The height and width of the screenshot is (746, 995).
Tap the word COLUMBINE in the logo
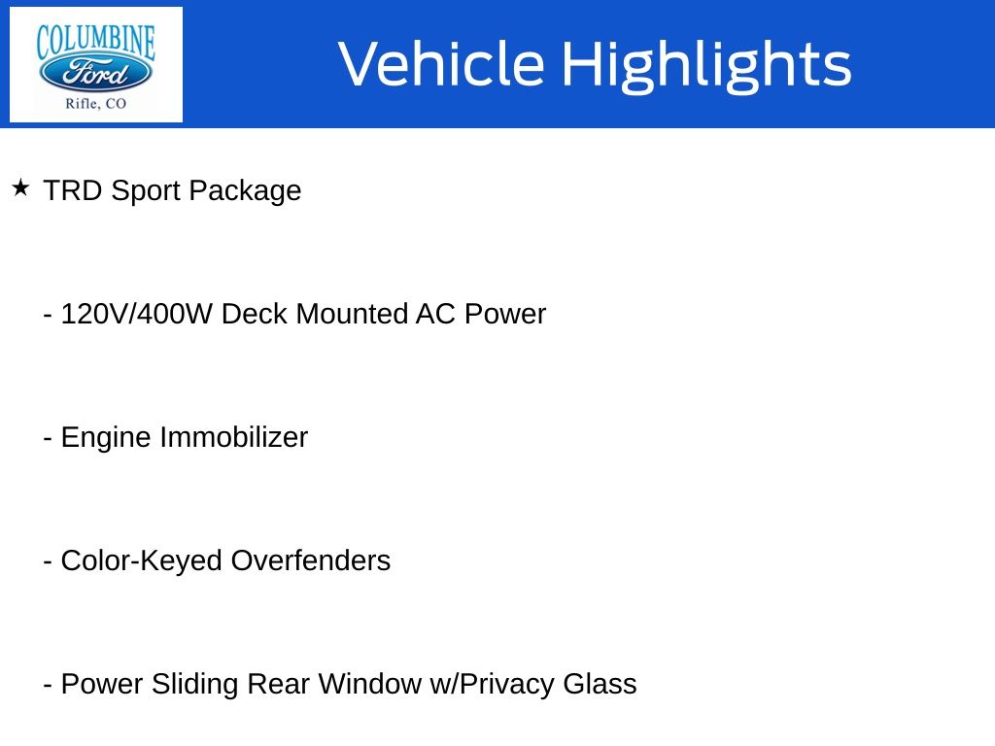click(96, 42)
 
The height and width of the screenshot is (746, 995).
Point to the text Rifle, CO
click(96, 103)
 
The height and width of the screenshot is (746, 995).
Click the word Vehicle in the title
click(442, 63)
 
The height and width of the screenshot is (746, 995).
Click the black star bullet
click(21, 187)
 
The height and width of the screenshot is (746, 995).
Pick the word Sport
click(146, 191)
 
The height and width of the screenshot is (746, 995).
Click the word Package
click(245, 191)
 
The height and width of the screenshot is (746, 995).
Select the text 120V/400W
click(136, 314)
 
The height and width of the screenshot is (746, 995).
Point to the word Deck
click(254, 314)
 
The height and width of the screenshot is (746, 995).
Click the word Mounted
click(352, 314)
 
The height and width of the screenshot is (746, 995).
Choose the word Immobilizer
click(233, 437)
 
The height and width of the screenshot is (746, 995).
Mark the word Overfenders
click(310, 560)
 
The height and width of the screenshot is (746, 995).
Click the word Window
click(369, 684)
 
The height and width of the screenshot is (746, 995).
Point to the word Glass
click(600, 684)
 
